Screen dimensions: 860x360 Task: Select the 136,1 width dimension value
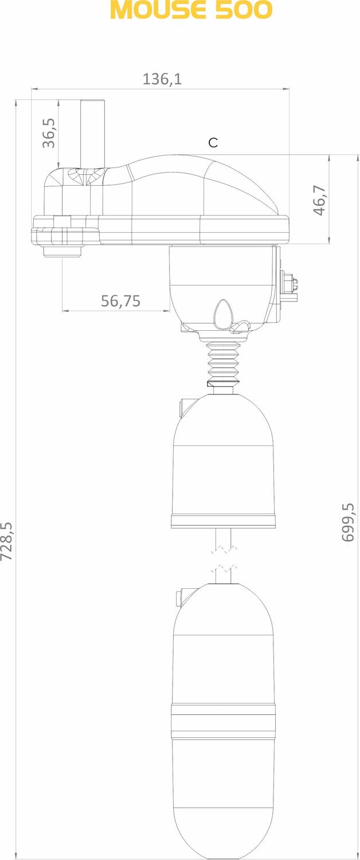pyautogui.click(x=162, y=79)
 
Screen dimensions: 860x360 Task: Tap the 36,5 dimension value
pyautogui.click(x=49, y=133)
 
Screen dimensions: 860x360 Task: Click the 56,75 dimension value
pyautogui.click(x=120, y=301)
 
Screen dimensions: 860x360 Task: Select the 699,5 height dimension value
pyautogui.click(x=348, y=522)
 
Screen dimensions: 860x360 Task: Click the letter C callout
pyautogui.click(x=213, y=143)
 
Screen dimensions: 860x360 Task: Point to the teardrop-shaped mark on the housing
pyautogui.click(x=222, y=315)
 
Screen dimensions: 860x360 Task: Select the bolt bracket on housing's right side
pyautogui.click(x=289, y=285)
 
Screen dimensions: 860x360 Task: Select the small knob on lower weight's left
pyautogui.click(x=178, y=596)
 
